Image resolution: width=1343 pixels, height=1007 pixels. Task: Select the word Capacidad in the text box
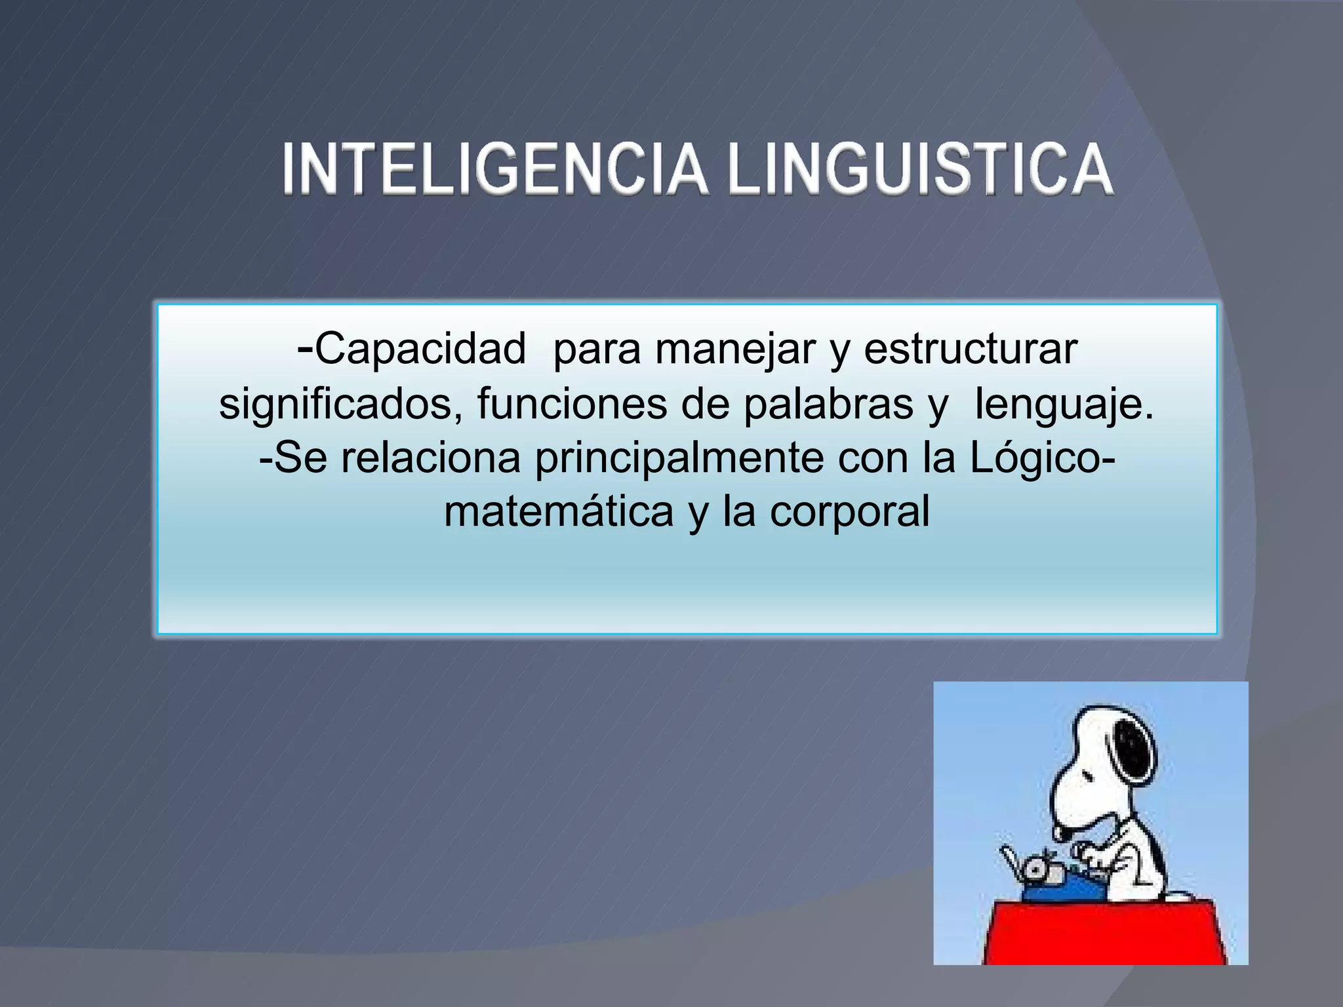(420, 349)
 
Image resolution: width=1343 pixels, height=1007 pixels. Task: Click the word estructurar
(971, 349)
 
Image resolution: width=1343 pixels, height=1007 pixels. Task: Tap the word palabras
(828, 404)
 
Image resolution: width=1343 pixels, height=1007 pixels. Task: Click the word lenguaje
(1064, 405)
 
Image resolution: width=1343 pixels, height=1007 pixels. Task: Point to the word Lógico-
(1043, 459)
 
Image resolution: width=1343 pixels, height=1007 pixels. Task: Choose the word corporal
(849, 513)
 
